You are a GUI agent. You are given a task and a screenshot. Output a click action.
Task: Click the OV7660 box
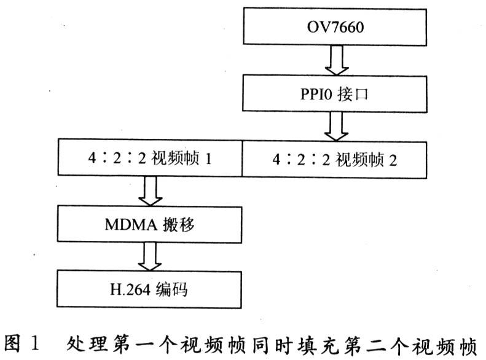coord(335,27)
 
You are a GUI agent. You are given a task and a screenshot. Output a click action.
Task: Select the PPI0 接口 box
coord(335,93)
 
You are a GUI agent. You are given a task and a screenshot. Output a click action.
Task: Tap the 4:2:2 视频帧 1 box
coord(150,158)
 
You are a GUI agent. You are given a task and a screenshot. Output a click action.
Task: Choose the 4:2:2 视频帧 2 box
coord(334,160)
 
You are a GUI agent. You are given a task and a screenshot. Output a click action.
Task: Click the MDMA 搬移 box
coord(149,224)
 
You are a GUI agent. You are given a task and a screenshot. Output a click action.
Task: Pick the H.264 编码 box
coord(149,289)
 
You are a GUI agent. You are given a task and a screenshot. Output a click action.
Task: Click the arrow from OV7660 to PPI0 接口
coord(337,60)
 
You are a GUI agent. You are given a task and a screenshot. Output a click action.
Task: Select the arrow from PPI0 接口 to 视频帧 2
coord(336,127)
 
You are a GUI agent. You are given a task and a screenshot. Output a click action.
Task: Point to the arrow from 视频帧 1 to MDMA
coord(151,191)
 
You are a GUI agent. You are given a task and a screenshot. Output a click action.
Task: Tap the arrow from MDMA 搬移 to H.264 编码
coord(150,257)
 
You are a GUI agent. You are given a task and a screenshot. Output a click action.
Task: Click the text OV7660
coord(335,27)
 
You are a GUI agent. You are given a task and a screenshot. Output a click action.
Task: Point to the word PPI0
coord(316,94)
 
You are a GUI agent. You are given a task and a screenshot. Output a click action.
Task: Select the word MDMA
coord(131,225)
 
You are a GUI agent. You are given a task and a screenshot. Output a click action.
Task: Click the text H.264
coord(130,290)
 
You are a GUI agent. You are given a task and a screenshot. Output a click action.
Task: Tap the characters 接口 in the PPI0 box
coord(353,94)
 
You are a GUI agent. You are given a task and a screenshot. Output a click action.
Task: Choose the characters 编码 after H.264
coord(171,289)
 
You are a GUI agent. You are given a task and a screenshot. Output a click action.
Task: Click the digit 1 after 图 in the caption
coord(35,343)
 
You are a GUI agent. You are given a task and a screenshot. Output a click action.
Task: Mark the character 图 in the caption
coord(12,343)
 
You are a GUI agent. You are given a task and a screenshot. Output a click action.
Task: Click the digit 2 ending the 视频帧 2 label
coord(393,160)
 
